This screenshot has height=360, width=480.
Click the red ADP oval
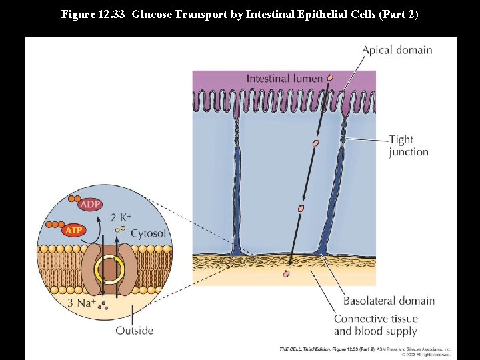pyautogui.click(x=90, y=204)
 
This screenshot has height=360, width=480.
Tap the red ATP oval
pyautogui.click(x=74, y=231)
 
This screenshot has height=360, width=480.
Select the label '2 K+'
pyautogui.click(x=121, y=217)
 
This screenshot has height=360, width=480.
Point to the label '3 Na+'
pyautogui.click(x=82, y=304)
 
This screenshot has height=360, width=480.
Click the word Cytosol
pyautogui.click(x=148, y=233)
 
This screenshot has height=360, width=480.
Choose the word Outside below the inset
pyautogui.click(x=134, y=330)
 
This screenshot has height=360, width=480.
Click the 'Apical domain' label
pyautogui.click(x=397, y=50)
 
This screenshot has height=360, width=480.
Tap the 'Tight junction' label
pyautogui.click(x=408, y=145)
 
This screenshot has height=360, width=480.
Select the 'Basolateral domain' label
pyautogui.click(x=389, y=301)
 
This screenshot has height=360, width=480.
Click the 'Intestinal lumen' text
pyautogui.click(x=284, y=79)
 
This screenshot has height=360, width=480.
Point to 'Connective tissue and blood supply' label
pyautogui.click(x=375, y=325)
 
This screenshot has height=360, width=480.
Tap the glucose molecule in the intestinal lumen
pyautogui.click(x=329, y=78)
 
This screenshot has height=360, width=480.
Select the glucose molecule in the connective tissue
pyautogui.click(x=287, y=273)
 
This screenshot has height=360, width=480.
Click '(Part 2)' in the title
pyautogui.click(x=398, y=14)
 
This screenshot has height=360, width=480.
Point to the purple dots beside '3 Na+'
pyautogui.click(x=103, y=308)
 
